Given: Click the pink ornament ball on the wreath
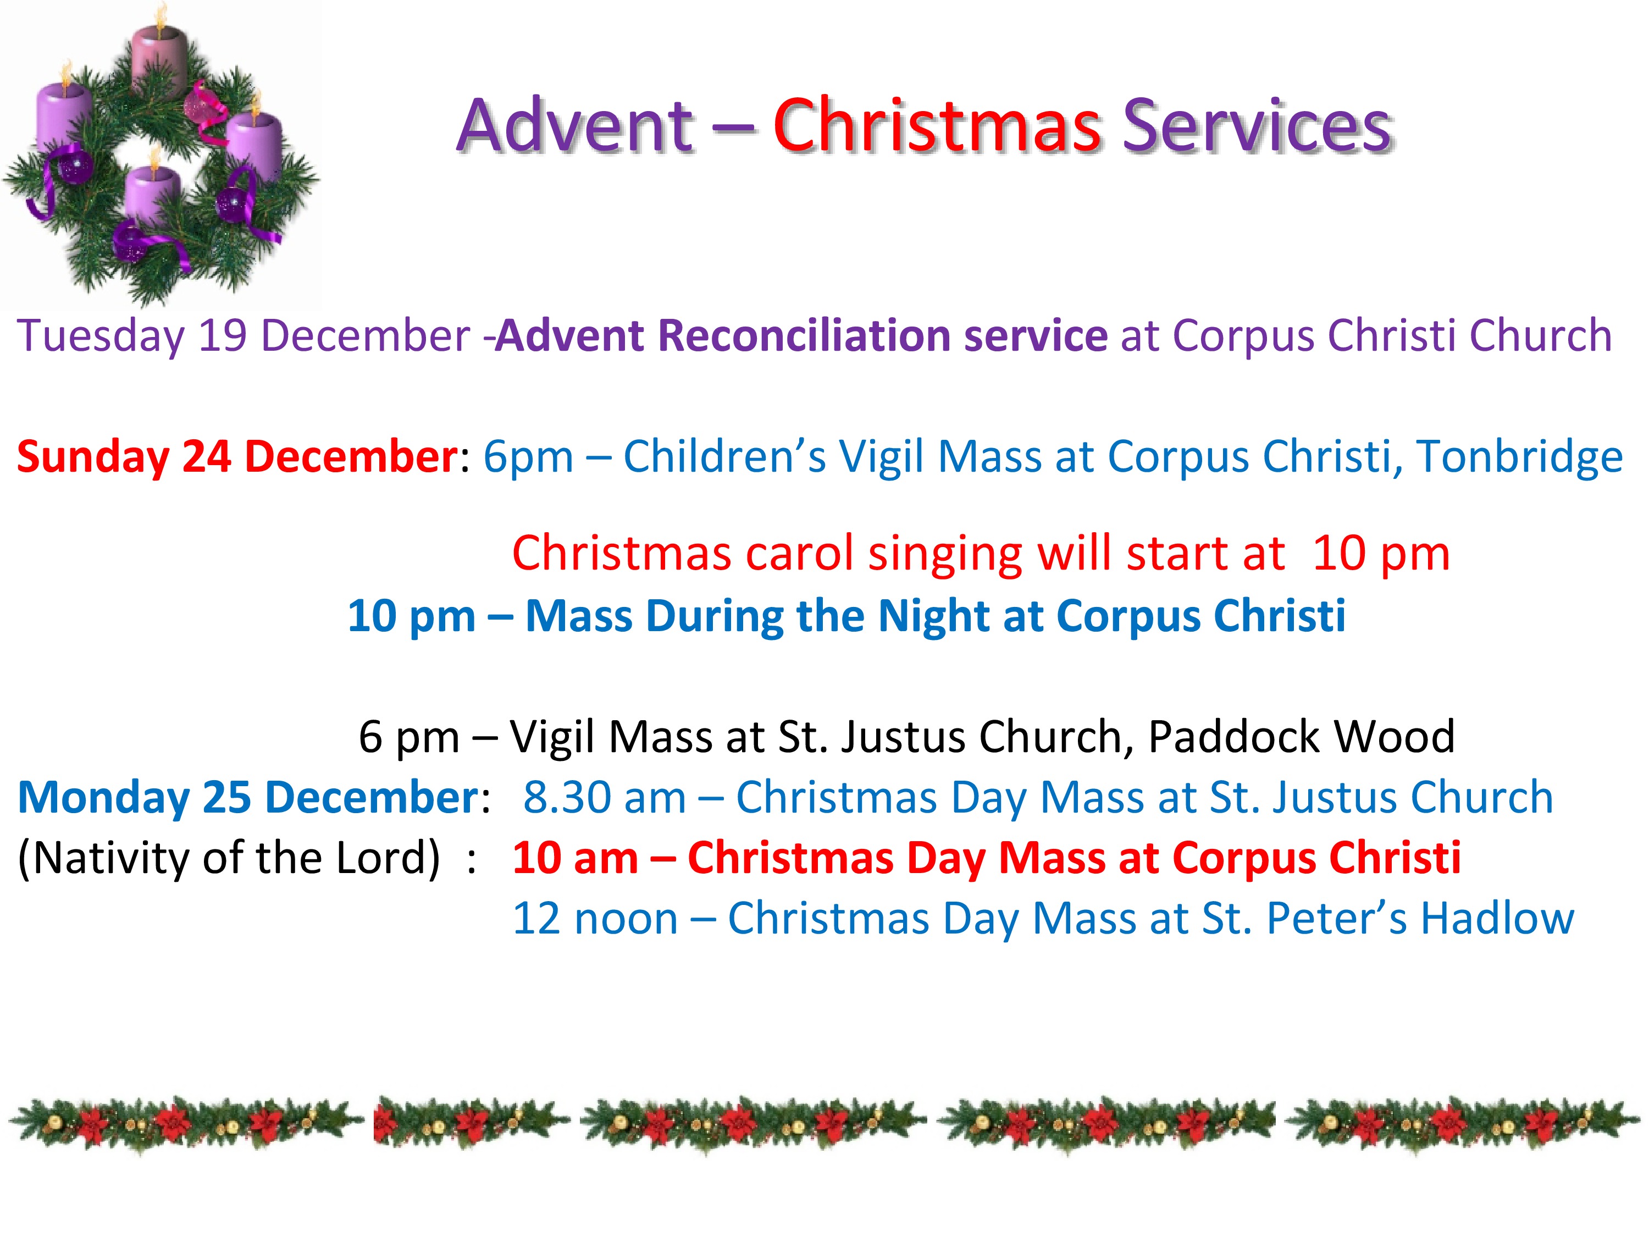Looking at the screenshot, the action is click(196, 106).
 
